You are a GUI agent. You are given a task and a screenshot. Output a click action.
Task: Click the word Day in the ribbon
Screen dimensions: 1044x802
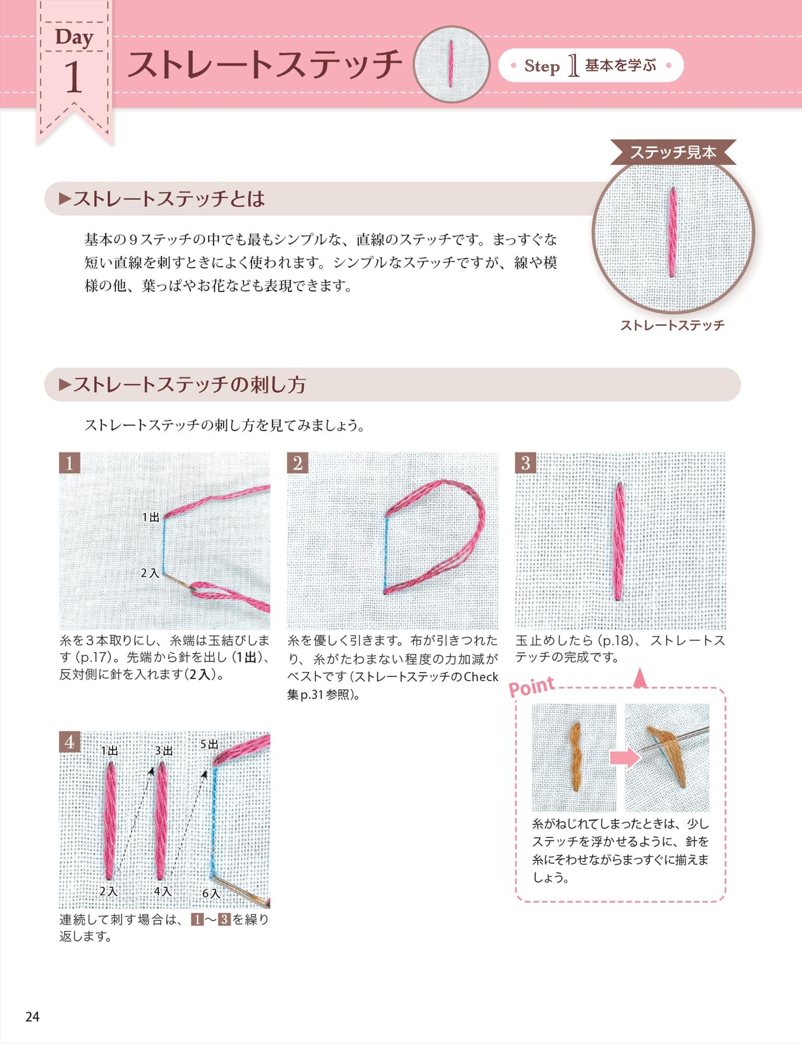click(74, 38)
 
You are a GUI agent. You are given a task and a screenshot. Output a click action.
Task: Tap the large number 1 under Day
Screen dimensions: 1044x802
click(74, 78)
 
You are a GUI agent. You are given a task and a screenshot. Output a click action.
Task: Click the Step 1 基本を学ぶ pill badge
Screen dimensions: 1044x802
click(590, 66)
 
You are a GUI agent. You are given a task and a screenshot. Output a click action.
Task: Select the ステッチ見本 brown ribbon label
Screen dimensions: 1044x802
click(673, 152)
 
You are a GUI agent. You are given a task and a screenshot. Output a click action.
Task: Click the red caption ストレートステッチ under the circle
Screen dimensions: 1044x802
click(672, 325)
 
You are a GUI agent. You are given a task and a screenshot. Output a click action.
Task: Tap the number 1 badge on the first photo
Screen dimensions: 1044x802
click(69, 463)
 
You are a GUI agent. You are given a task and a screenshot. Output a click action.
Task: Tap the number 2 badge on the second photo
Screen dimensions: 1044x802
click(297, 463)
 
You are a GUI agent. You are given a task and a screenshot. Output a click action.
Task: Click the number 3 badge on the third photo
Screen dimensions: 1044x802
click(525, 463)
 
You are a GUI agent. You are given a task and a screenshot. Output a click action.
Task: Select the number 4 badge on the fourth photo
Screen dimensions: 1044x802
click(69, 742)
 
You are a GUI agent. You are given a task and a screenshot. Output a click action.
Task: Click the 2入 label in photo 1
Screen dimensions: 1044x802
click(150, 573)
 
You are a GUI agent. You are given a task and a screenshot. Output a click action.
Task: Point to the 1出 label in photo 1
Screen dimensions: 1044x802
click(151, 517)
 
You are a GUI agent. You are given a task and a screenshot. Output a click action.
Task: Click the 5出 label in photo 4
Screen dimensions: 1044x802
click(209, 744)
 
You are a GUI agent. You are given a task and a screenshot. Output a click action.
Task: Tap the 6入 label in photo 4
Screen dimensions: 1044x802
click(211, 894)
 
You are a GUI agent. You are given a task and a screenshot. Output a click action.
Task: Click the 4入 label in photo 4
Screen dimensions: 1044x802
click(163, 891)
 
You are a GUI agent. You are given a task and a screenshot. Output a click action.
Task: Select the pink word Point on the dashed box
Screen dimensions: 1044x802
click(531, 686)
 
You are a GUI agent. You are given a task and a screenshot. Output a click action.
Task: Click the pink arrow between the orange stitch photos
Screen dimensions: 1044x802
click(624, 756)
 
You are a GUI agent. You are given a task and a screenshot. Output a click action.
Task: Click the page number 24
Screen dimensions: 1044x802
click(32, 1017)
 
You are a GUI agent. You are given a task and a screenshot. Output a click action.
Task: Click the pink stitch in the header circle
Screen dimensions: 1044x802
click(451, 63)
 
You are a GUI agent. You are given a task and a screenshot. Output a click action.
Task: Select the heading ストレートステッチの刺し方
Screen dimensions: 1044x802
click(189, 385)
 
